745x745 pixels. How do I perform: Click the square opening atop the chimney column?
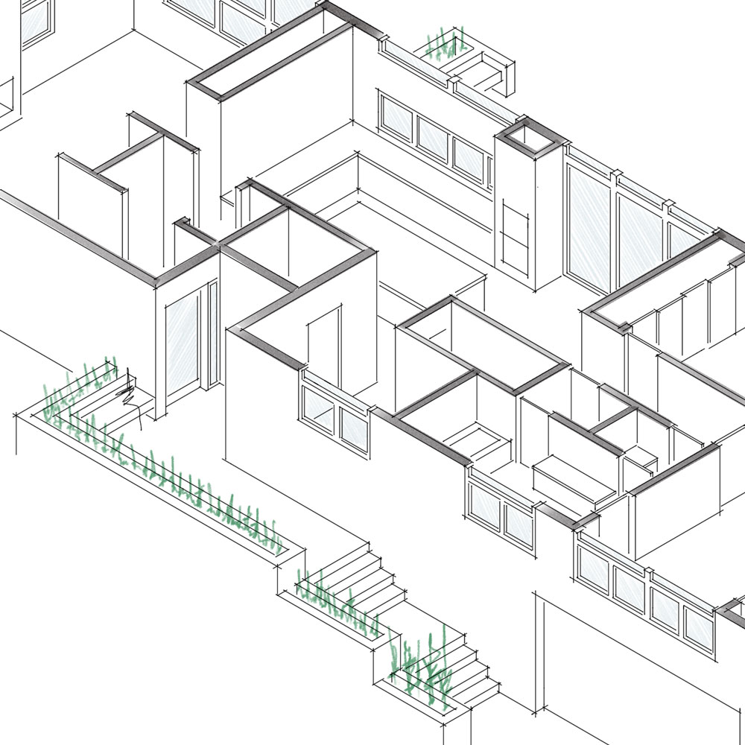click(527, 136)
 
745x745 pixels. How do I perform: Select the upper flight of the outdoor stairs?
click(369, 574)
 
